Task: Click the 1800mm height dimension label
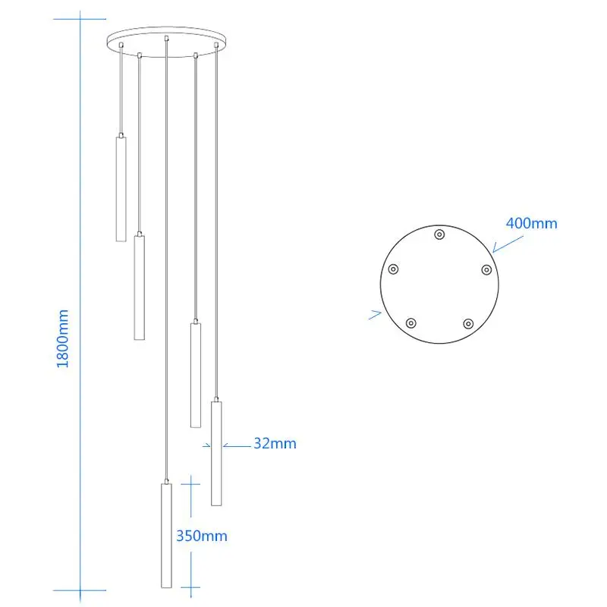point(63,338)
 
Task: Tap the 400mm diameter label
point(532,223)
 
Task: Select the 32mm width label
point(275,443)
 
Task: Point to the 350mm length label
point(202,536)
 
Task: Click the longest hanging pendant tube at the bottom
point(166,536)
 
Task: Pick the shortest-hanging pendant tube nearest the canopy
point(121,189)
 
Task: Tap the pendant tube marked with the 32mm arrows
point(216,453)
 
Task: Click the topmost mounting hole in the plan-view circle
point(439,234)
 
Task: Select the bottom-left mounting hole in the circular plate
point(410,323)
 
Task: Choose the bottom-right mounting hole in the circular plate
point(468,323)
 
